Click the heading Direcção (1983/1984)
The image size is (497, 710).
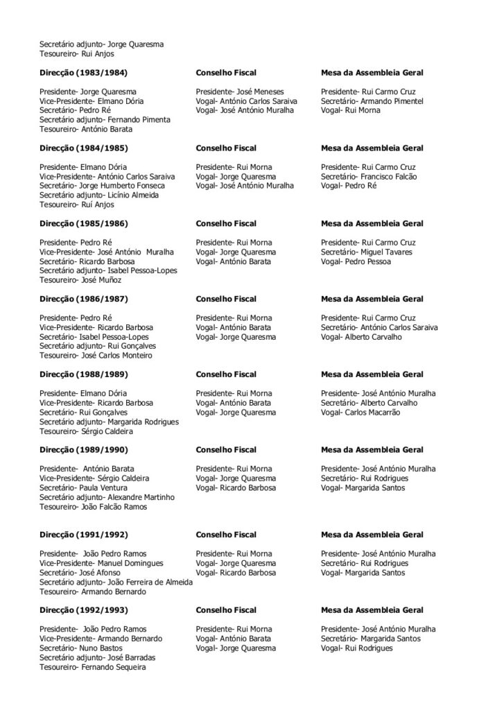(83, 72)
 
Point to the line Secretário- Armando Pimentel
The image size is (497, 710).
(371, 101)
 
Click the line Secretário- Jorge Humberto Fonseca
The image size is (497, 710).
(102, 186)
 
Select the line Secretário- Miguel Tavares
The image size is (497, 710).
(367, 252)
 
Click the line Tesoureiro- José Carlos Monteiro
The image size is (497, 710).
(96, 356)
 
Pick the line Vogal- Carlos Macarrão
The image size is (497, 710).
(360, 413)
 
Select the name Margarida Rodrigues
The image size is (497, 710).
(142, 422)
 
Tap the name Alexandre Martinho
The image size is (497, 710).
(140, 497)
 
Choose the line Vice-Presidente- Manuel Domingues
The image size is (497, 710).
(101, 564)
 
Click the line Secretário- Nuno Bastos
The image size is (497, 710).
(80, 648)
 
